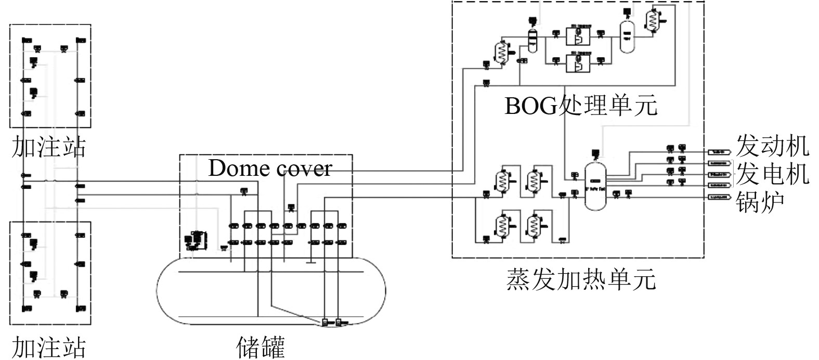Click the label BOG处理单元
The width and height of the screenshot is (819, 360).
(x=581, y=106)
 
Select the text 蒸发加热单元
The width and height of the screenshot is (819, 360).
(x=581, y=279)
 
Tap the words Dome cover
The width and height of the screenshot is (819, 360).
(x=270, y=168)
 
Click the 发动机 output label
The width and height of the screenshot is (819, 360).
(x=772, y=146)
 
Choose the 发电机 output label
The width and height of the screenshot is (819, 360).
(x=772, y=173)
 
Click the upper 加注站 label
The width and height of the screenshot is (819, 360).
(x=48, y=147)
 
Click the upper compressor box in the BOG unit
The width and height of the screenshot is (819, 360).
(x=578, y=36)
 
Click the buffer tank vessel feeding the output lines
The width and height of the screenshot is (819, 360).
(x=595, y=186)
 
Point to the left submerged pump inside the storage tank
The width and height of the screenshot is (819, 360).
(x=326, y=322)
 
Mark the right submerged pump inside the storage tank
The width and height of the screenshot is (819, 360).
(x=339, y=322)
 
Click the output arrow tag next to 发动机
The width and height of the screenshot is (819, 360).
(x=719, y=152)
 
